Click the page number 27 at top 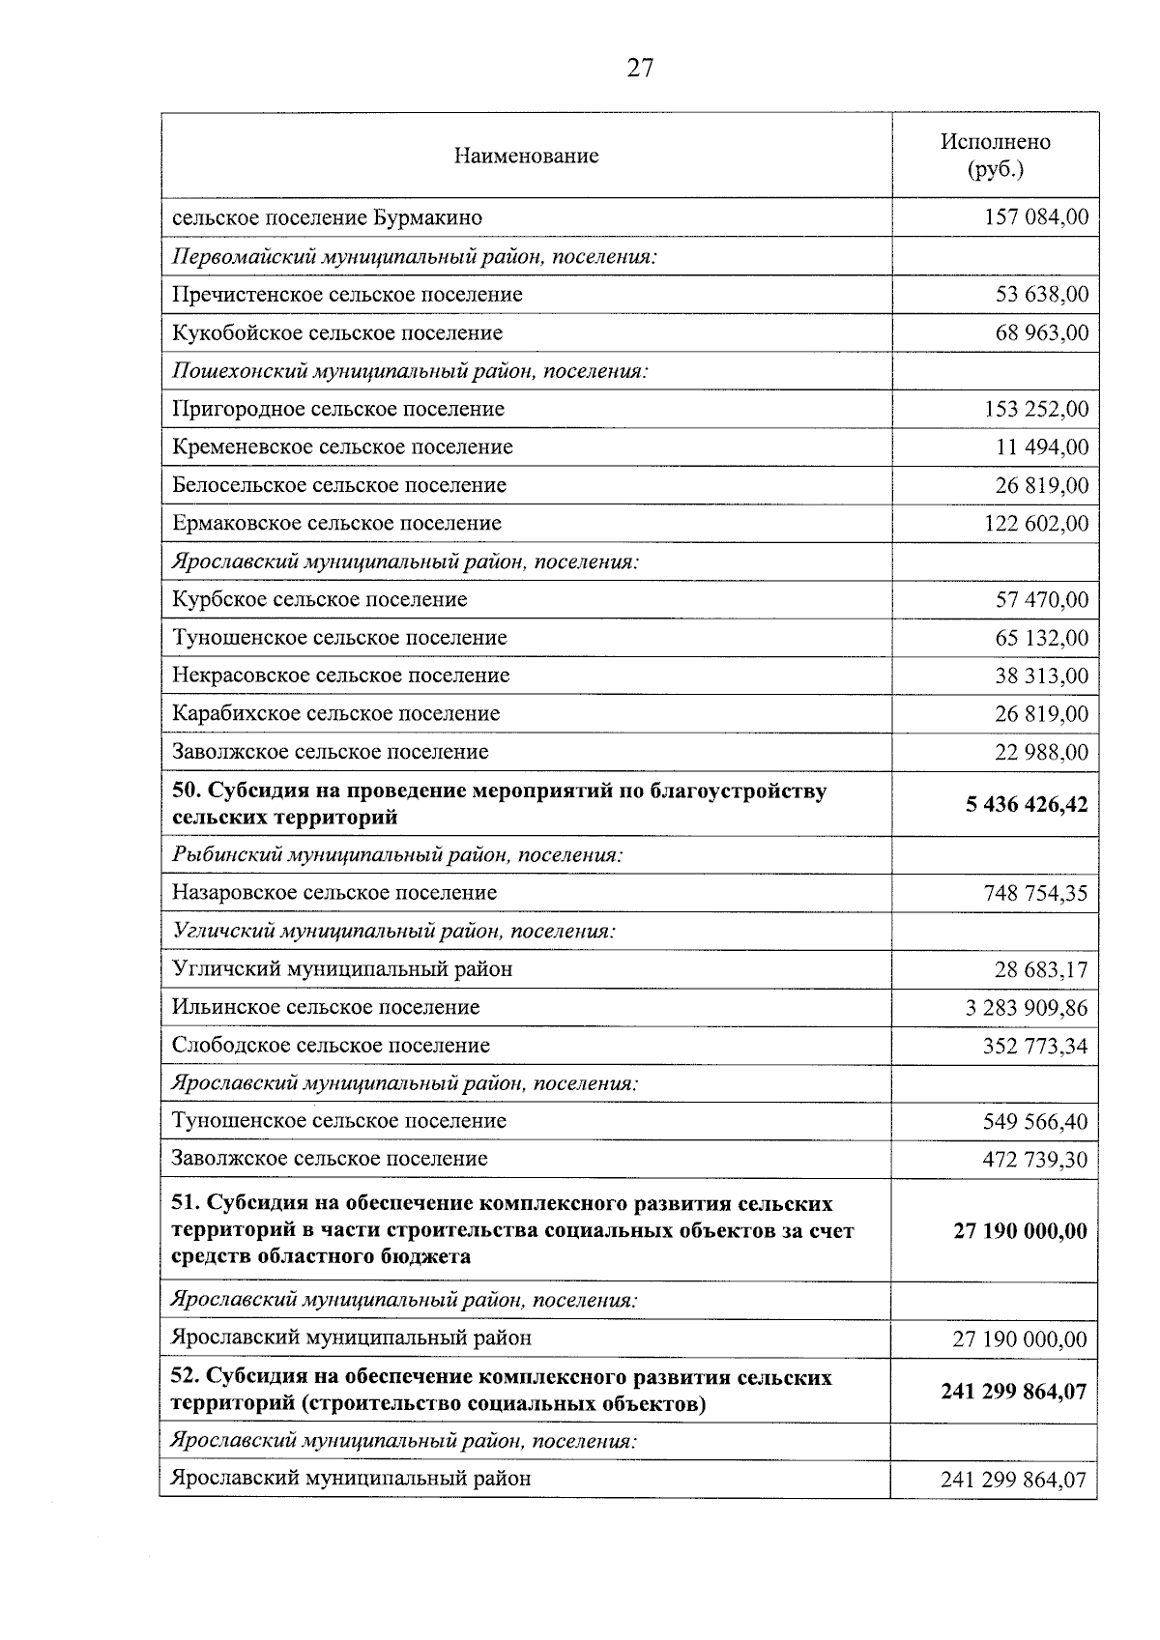(x=640, y=68)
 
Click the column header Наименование (x=526, y=156)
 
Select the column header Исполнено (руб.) (x=995, y=156)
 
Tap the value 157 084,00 (x=1035, y=217)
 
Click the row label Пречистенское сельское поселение (x=347, y=294)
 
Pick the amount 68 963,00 (x=1041, y=332)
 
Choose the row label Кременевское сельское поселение (x=342, y=446)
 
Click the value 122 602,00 (x=1035, y=524)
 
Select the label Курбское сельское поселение (x=319, y=599)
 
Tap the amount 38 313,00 (x=1041, y=676)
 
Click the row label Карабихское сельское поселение (x=335, y=713)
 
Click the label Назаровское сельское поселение (x=334, y=893)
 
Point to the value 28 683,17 (x=1040, y=969)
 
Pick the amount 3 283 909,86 (x=1026, y=1008)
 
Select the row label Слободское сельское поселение (x=331, y=1045)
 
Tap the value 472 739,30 (x=1034, y=1159)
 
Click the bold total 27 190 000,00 (x=1020, y=1231)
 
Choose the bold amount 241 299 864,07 (x=1013, y=1392)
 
